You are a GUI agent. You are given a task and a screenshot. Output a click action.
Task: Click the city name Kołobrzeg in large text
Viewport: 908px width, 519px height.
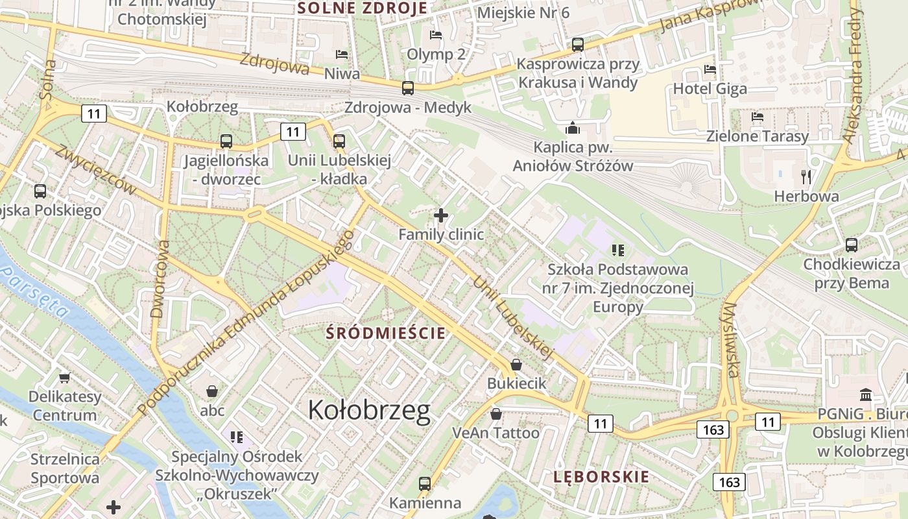[369, 410]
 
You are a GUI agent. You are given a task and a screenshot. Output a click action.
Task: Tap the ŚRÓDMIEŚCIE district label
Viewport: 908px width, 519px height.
[386, 333]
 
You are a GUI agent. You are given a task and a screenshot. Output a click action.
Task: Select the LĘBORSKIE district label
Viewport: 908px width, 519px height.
[601, 477]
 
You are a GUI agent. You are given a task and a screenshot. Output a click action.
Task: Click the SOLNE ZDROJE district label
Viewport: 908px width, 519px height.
[362, 8]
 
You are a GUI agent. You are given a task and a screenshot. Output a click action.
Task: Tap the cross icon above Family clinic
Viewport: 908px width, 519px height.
[441, 215]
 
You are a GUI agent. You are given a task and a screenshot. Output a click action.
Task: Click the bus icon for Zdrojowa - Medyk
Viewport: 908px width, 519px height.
[408, 88]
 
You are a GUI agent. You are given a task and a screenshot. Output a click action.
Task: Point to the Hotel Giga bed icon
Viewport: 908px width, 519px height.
[710, 69]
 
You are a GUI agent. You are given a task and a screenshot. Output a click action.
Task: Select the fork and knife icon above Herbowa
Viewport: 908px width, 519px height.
[806, 176]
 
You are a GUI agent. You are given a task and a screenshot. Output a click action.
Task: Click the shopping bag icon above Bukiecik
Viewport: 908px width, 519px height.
[516, 365]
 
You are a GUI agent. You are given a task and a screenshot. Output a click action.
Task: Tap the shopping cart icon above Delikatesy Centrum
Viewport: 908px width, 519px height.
[64, 377]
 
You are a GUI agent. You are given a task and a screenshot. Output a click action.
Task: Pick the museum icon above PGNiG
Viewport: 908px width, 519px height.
[865, 394]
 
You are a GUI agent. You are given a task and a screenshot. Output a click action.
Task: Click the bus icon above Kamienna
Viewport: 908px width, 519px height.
[425, 483]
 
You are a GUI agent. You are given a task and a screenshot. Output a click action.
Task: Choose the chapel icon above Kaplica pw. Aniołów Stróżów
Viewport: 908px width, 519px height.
[573, 128]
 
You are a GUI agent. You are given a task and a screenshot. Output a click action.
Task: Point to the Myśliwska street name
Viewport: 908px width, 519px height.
[731, 339]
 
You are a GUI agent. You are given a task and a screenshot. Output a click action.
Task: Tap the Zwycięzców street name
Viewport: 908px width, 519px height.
[96, 169]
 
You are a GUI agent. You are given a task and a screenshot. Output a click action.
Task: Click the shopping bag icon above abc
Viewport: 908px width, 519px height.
[211, 391]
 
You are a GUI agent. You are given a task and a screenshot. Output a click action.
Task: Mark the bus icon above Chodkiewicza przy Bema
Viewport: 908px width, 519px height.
[852, 245]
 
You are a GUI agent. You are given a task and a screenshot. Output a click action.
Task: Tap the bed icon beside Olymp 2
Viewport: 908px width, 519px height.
[436, 34]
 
